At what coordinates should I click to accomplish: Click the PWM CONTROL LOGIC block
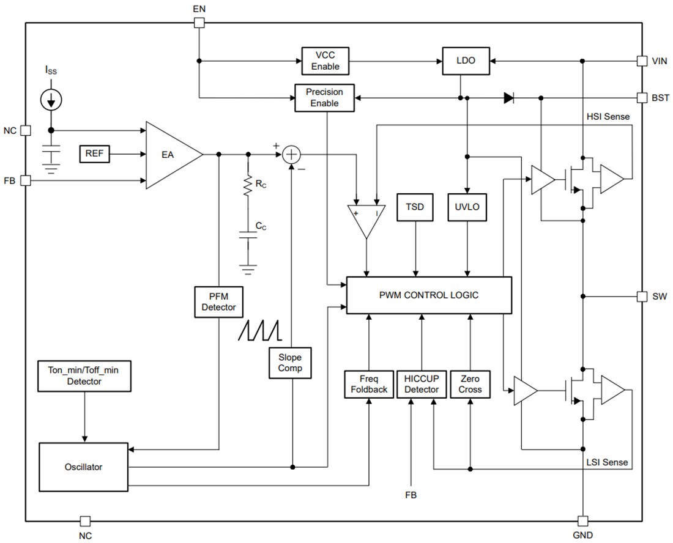point(429,295)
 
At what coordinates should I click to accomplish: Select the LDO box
point(466,61)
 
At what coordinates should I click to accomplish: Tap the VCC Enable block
point(324,61)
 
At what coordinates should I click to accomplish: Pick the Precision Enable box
point(324,98)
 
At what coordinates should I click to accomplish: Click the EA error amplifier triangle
point(170,155)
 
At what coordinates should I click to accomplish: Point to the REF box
point(94,153)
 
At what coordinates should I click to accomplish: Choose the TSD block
point(415,207)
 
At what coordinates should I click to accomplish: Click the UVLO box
point(467,207)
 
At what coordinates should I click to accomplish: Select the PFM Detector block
point(218,301)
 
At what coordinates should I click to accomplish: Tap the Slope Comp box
point(290,362)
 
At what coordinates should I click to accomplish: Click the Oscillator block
point(84,467)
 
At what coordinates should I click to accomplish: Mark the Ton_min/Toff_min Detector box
point(84,375)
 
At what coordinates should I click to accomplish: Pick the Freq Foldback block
point(369,384)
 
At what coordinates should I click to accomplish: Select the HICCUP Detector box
point(422,384)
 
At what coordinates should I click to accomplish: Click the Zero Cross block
point(470,384)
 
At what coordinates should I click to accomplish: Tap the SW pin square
point(641,297)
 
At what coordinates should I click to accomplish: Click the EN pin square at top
point(199,23)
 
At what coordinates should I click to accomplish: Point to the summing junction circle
point(292,155)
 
